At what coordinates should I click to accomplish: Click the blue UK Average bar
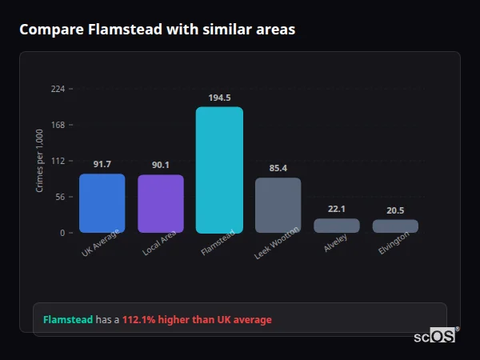102,203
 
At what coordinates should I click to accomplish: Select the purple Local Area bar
161,204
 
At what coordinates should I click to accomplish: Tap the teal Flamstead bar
219,170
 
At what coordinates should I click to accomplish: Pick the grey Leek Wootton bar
278,206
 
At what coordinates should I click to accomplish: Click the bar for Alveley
337,226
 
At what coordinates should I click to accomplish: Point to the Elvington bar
395,226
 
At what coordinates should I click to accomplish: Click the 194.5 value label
219,98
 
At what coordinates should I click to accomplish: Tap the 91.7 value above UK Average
102,164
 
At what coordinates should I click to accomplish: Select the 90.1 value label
161,165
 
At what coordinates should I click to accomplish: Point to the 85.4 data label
278,168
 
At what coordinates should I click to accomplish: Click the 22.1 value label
337,209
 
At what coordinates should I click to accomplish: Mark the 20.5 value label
395,210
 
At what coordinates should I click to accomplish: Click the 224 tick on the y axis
58,89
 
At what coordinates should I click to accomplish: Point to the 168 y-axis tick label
58,125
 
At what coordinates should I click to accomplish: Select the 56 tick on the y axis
60,197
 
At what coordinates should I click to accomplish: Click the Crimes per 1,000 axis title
40,161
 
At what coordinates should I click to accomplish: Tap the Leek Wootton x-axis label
278,242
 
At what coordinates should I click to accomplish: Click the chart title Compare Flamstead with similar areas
157,30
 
